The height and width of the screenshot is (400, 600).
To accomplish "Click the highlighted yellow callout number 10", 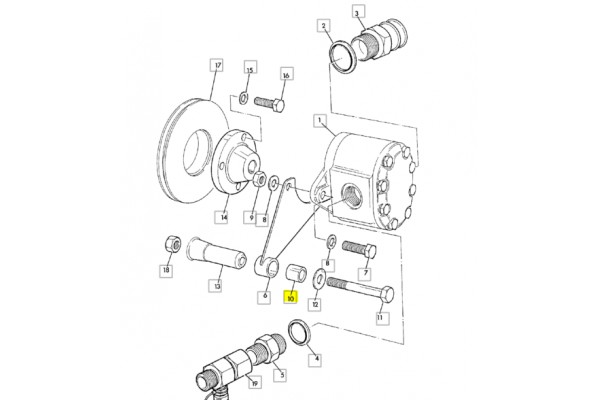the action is pyautogui.click(x=290, y=298).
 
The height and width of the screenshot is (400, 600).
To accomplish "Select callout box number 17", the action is pyautogui.click(x=217, y=65).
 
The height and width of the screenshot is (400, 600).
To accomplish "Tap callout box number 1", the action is pyautogui.click(x=319, y=121).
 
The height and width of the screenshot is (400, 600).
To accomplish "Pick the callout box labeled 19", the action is pyautogui.click(x=255, y=382).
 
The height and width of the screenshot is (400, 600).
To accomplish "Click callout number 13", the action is pyautogui.click(x=217, y=286).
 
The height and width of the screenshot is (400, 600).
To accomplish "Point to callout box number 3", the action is pyautogui.click(x=357, y=13).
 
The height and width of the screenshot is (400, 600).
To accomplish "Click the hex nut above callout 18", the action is pyautogui.click(x=173, y=245).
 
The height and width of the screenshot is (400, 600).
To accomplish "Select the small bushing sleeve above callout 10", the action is pyautogui.click(x=297, y=273).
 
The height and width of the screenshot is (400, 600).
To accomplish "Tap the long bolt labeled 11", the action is pyautogui.click(x=360, y=289).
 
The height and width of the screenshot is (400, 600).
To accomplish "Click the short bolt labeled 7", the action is pyautogui.click(x=359, y=249).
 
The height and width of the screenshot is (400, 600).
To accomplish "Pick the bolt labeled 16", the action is pyautogui.click(x=269, y=103).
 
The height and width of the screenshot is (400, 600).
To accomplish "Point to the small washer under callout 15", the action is pyautogui.click(x=243, y=98).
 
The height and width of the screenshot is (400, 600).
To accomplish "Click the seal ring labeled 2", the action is pyautogui.click(x=343, y=57).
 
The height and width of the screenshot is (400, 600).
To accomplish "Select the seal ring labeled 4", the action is pyautogui.click(x=300, y=331).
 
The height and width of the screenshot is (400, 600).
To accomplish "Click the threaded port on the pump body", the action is pyautogui.click(x=352, y=195).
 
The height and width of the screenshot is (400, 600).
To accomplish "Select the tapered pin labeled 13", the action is pyautogui.click(x=216, y=253).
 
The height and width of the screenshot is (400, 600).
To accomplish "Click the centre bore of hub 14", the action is pyautogui.click(x=253, y=166).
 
